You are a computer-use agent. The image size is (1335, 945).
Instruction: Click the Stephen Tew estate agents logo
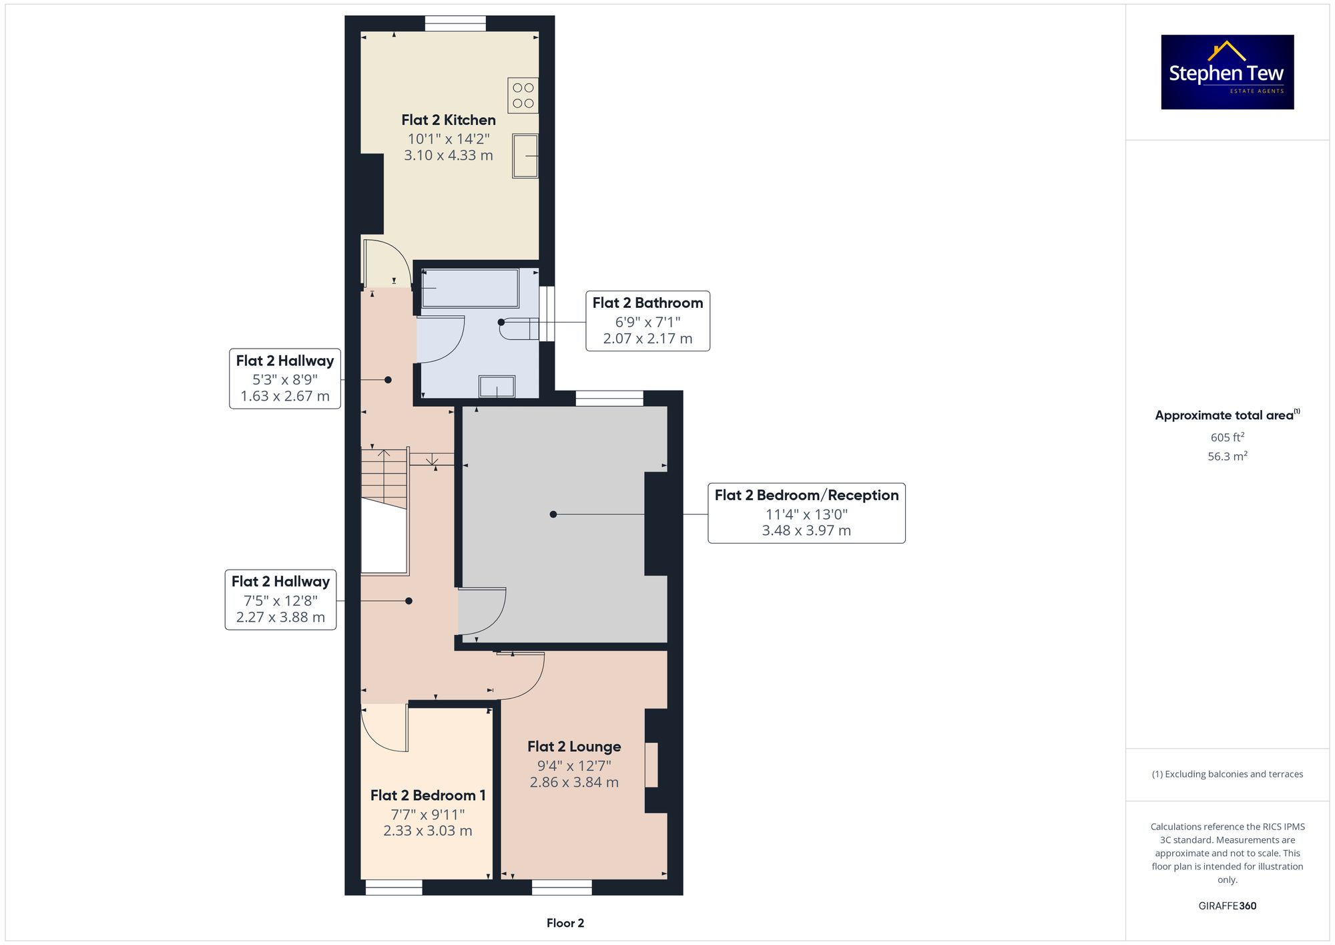click(x=1228, y=72)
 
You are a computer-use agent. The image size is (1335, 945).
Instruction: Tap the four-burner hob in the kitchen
click(x=523, y=96)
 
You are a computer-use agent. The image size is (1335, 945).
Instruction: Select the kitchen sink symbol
click(x=525, y=156)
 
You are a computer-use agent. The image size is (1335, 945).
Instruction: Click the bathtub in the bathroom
click(x=470, y=288)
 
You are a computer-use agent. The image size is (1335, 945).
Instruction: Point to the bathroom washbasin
click(x=497, y=387)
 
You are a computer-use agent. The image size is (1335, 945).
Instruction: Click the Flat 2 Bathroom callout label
click(x=647, y=321)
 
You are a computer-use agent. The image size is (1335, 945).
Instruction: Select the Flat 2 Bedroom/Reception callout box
click(x=806, y=513)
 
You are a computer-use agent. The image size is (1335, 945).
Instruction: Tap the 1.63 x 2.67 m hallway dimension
click(x=285, y=396)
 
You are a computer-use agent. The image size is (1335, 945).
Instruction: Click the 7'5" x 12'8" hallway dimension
click(x=280, y=600)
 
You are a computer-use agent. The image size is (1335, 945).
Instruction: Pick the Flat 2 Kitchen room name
click(x=449, y=120)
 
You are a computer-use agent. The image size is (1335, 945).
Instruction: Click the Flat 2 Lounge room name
click(x=574, y=747)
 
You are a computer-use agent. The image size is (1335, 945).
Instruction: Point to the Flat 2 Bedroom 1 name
click(x=428, y=795)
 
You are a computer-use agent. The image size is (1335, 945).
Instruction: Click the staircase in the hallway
click(x=384, y=479)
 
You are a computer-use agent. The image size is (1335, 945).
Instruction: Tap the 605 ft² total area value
click(x=1228, y=437)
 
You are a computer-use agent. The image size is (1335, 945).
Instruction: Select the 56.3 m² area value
click(x=1228, y=456)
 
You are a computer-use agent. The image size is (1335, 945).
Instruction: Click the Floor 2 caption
click(x=565, y=923)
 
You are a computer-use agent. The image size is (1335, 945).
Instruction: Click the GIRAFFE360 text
click(x=1228, y=906)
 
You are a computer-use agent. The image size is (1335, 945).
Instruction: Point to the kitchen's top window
click(x=455, y=23)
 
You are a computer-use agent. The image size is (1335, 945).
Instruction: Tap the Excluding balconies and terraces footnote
click(x=1228, y=774)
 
